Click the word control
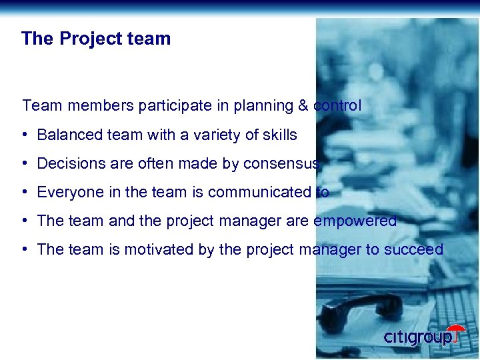tap(337, 105)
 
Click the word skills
tap(280, 135)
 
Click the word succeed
tap(416, 249)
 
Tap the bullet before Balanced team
tap(24, 135)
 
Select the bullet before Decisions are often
tap(24, 163)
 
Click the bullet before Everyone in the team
tap(24, 192)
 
